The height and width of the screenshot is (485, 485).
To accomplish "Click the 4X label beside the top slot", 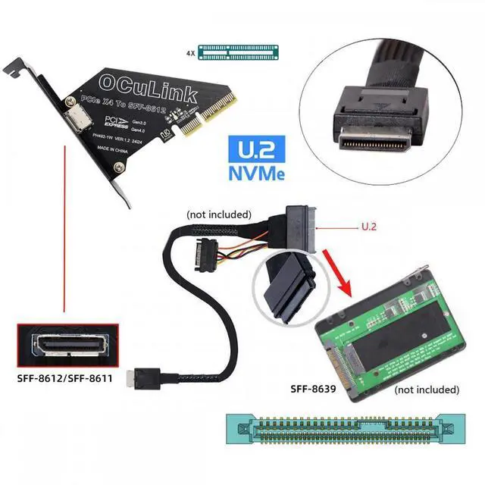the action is [190, 53].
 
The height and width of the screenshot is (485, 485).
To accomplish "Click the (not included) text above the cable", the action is [219, 214].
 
